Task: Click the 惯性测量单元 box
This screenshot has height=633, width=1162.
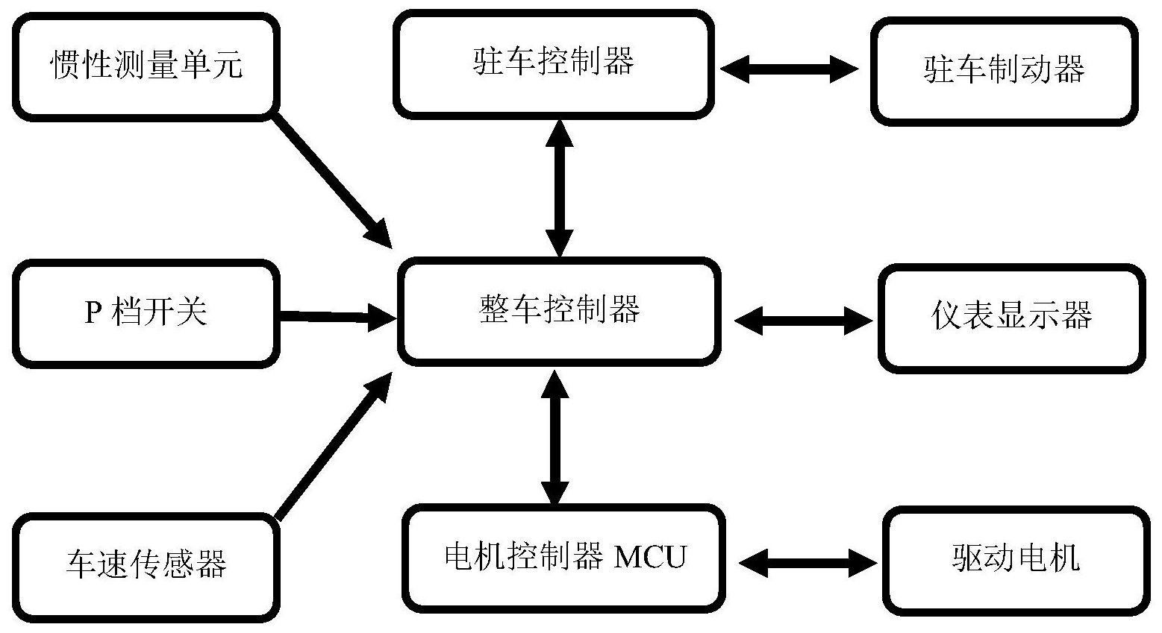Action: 146,66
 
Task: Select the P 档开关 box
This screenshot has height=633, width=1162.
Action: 146,312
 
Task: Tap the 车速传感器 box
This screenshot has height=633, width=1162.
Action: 146,564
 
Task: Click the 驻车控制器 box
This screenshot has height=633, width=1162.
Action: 554,63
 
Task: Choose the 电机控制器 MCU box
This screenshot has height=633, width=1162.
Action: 564,556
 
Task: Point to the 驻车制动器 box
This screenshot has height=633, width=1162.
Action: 1005,71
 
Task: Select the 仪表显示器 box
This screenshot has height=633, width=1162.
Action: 1011,317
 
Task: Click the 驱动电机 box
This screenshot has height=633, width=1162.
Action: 1016,560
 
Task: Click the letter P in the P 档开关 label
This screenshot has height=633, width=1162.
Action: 93,312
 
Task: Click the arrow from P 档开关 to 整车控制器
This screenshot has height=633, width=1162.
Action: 336,317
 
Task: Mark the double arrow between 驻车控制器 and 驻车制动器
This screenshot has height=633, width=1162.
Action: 790,69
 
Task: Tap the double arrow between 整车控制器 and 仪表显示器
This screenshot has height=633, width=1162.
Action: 802,321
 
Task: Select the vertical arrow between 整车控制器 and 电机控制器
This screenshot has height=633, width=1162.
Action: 554,436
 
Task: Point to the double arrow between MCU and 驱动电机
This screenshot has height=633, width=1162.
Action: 808,563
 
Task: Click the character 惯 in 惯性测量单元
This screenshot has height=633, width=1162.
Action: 63,66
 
